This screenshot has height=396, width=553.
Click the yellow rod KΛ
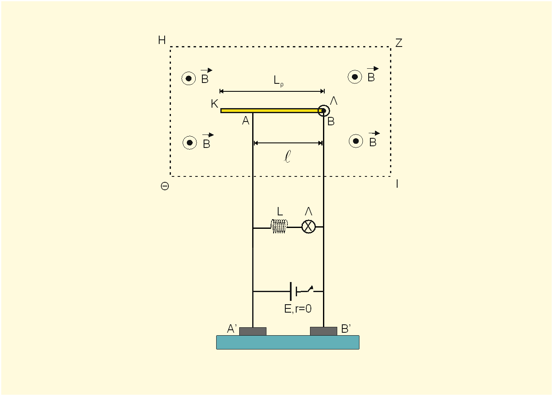click(x=271, y=111)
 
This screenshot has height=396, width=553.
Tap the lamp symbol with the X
click(x=309, y=227)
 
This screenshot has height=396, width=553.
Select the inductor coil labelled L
click(x=279, y=226)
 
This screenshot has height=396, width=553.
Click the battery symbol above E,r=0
click(x=294, y=291)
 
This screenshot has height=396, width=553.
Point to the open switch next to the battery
click(x=309, y=290)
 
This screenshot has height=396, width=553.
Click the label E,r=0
click(x=298, y=309)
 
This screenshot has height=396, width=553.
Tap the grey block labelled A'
click(x=253, y=331)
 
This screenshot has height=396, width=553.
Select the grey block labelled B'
click(x=323, y=331)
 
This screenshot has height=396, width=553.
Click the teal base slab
click(x=288, y=342)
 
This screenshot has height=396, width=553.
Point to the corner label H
click(x=162, y=40)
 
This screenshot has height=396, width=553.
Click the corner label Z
click(x=399, y=43)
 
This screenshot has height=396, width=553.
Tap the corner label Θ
click(x=165, y=186)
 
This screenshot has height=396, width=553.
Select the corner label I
click(x=397, y=184)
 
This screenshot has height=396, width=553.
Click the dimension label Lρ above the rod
click(x=279, y=81)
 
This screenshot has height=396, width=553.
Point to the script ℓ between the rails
click(x=287, y=157)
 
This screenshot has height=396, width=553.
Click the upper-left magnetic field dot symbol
click(x=189, y=78)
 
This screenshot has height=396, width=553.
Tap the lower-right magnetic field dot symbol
click(x=356, y=141)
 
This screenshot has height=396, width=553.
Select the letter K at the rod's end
click(x=214, y=104)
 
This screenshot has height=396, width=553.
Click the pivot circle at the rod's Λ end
click(x=324, y=111)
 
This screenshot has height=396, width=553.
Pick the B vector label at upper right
click(x=372, y=74)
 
